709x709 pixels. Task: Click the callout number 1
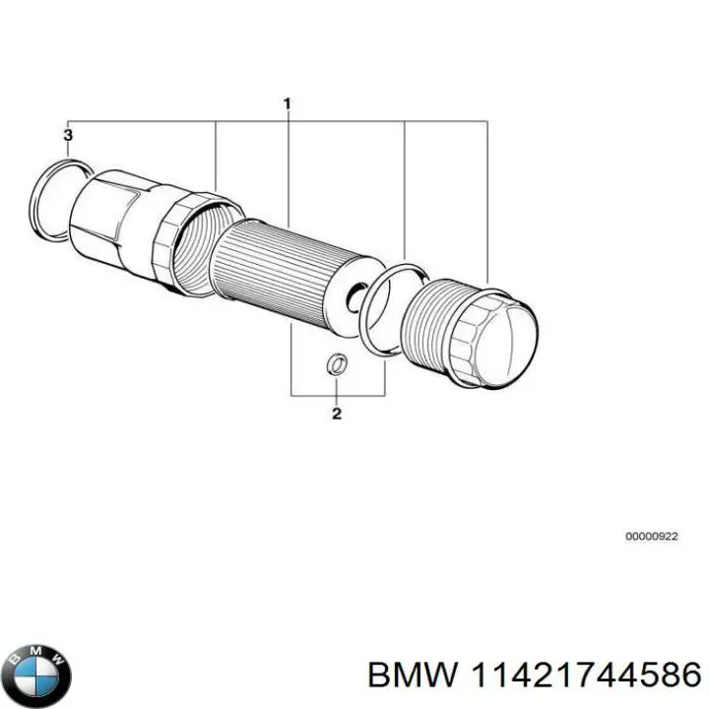pos(288,103)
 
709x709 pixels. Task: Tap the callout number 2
pos(336,414)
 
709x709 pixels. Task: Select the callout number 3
pos(67,133)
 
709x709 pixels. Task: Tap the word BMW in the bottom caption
pos(410,674)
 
